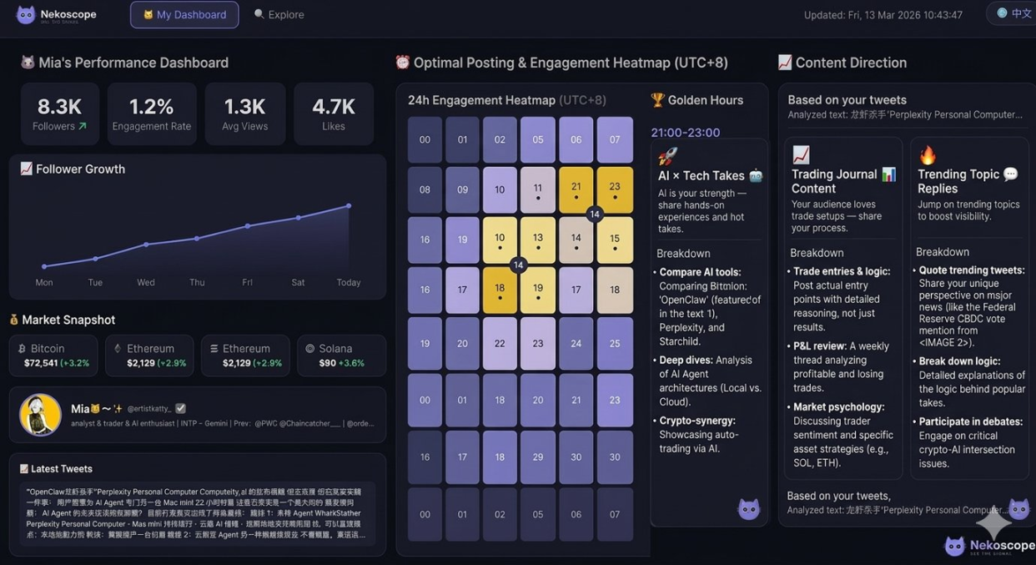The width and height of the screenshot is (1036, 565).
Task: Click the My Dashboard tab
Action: [184, 15]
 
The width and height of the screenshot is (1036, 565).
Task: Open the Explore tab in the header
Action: [279, 15]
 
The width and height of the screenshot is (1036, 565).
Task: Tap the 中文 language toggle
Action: [1014, 13]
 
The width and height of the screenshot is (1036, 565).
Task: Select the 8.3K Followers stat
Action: [60, 114]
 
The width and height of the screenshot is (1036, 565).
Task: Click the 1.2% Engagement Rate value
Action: [152, 107]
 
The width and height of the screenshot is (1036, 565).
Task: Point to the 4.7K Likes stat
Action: [334, 114]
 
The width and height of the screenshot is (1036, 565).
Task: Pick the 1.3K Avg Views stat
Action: [245, 114]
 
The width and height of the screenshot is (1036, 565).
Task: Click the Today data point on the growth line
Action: [349, 205]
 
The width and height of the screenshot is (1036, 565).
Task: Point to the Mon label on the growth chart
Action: [44, 282]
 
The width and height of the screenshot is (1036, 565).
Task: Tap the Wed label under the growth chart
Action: [146, 282]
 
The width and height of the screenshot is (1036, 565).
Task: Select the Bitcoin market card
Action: [53, 356]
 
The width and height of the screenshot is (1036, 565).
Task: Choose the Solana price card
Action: [341, 356]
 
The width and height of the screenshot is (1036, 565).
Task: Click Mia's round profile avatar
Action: [40, 415]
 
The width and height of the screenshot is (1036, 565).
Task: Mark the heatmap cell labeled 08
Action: [425, 189]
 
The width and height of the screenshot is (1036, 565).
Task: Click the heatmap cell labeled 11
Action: [538, 189]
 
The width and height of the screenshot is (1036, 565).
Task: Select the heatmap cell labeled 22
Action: [500, 343]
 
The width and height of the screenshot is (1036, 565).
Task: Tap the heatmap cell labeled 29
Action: [538, 457]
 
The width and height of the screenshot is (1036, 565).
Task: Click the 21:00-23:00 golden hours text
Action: [685, 133]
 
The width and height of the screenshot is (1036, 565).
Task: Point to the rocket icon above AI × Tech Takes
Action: [667, 156]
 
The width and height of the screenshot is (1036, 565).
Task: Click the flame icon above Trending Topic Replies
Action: [928, 155]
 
